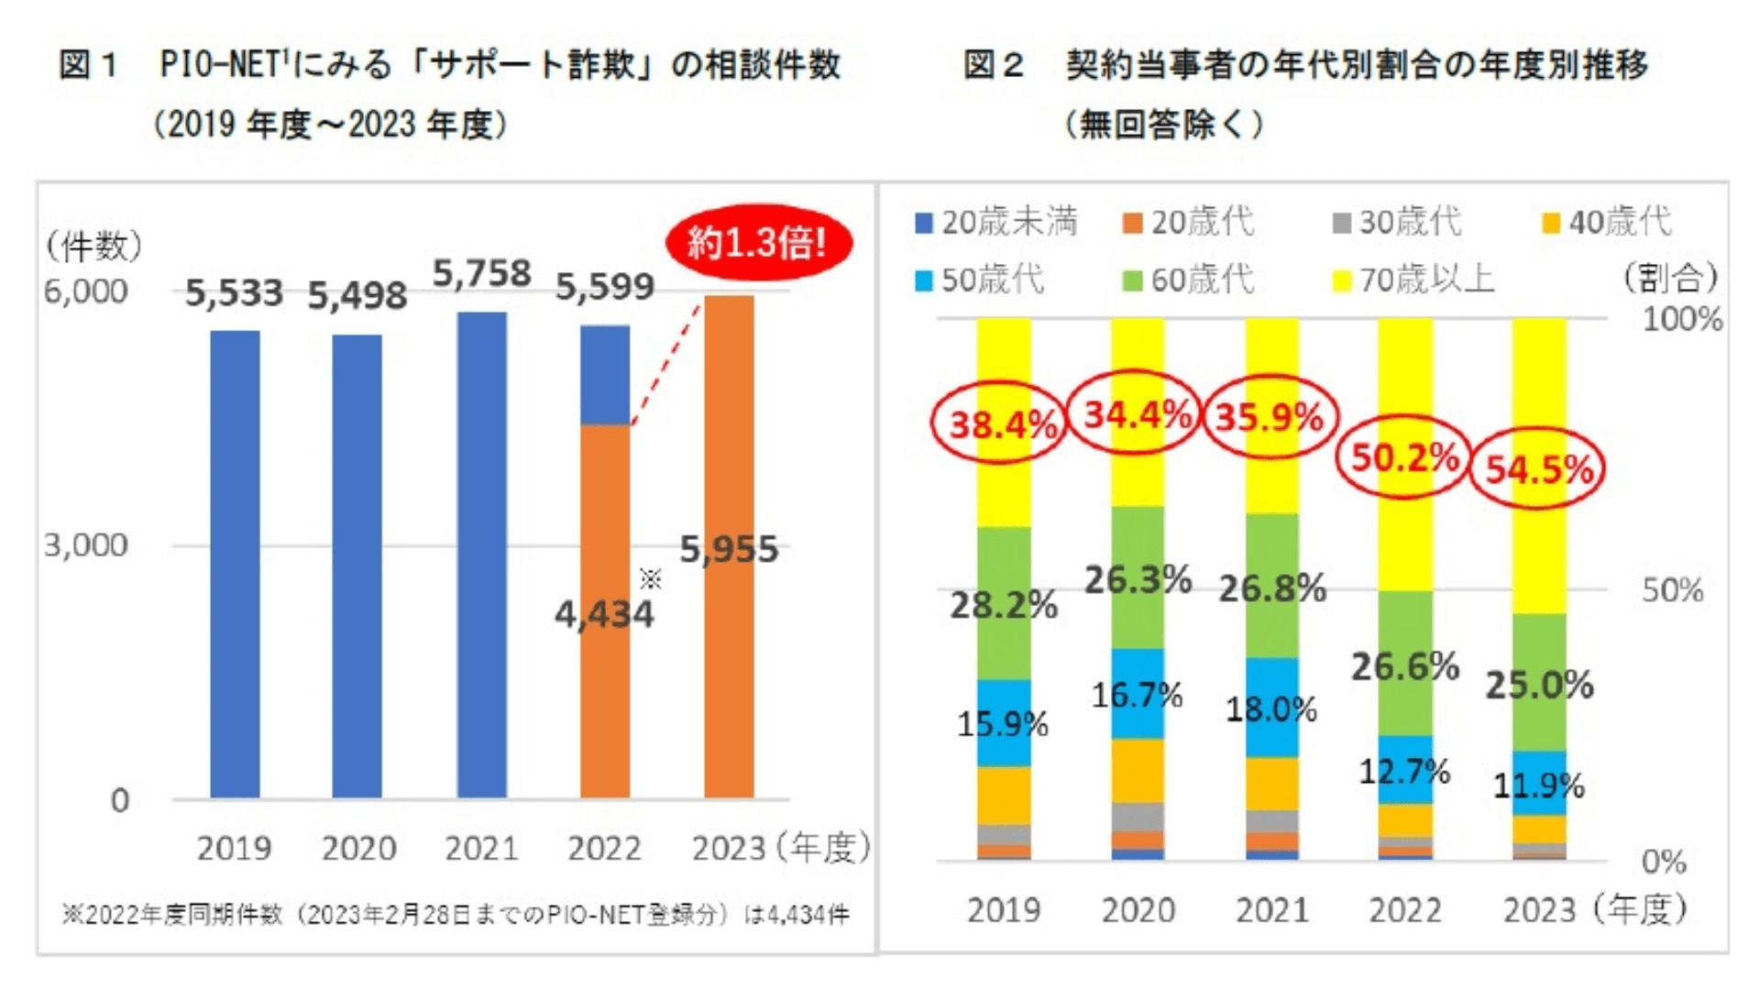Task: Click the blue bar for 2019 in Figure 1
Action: pos(235,564)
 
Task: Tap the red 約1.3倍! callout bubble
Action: pos(758,243)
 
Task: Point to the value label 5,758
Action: pos(481,273)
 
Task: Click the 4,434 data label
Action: pos(604,614)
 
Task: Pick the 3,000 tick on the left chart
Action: pos(86,545)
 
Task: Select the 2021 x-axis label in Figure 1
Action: pos(481,848)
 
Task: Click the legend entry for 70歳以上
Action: pos(1414,280)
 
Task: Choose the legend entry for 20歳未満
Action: pos(997,222)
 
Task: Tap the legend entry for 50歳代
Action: pos(981,280)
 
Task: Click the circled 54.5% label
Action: pos(1538,469)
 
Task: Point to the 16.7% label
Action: pos(1137,696)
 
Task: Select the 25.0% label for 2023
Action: pos(1539,685)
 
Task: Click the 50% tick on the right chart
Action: pos(1672,590)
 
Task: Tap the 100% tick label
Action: pos(1681,319)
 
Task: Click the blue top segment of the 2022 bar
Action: pos(605,374)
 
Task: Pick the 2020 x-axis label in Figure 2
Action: pos(1138,910)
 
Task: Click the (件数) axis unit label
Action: pos(94,246)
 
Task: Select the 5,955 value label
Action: pos(729,549)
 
